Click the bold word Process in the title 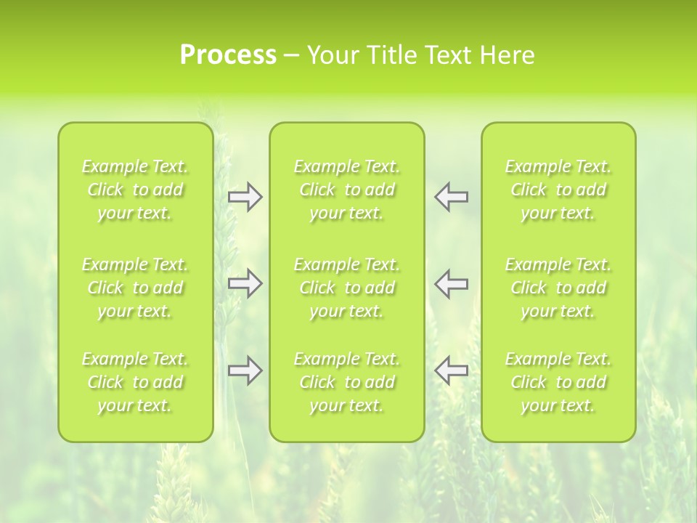228,55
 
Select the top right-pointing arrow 245,197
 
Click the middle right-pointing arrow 245,283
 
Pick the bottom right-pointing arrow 245,370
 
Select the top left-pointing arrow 451,197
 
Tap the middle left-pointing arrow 451,283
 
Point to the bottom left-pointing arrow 451,370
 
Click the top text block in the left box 135,190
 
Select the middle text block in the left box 135,288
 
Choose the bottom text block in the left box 135,382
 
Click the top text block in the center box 347,190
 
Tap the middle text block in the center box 347,288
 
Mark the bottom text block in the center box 347,382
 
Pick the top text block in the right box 558,190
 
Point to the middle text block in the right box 558,288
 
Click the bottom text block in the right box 558,382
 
